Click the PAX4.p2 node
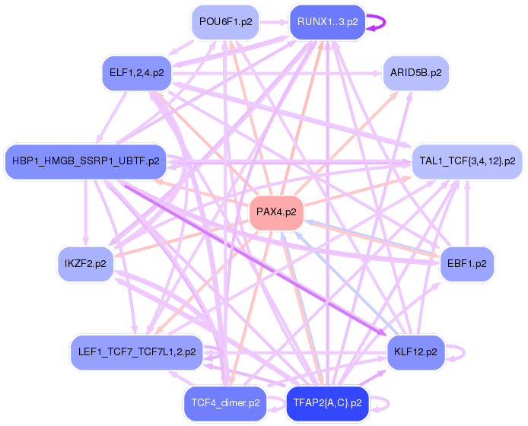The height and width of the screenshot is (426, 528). (276, 212)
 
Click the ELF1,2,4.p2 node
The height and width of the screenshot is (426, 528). (136, 73)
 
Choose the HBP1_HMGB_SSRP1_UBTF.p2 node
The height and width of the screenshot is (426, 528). (85, 161)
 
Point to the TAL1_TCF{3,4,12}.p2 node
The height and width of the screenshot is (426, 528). (467, 161)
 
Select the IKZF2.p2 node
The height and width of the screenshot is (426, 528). (85, 263)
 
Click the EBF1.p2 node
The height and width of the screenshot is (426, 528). (467, 263)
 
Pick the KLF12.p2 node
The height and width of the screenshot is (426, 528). (415, 352)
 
